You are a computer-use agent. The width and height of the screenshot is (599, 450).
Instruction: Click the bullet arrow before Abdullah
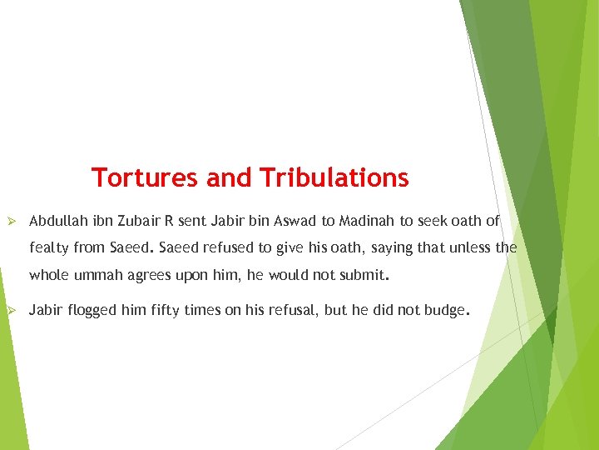12,222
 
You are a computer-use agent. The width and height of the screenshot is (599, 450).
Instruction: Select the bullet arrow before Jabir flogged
12,311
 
